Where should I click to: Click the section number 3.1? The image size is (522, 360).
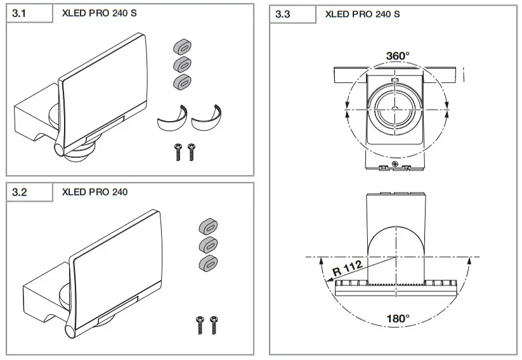click(20, 13)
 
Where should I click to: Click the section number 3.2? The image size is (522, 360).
click(20, 191)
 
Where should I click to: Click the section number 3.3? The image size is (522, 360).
click(283, 14)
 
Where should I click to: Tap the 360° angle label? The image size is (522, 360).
click(398, 56)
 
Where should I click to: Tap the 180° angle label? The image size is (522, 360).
click(398, 318)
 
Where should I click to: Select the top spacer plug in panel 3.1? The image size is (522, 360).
click(183, 47)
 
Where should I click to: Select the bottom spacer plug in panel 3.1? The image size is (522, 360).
click(183, 81)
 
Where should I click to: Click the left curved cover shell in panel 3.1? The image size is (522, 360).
click(170, 118)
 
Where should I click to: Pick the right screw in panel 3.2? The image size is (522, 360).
click(214, 324)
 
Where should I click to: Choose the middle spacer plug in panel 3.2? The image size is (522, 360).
click(207, 245)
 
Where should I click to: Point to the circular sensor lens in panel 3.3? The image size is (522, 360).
click(395, 105)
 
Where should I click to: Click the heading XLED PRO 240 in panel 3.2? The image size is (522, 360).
click(95, 191)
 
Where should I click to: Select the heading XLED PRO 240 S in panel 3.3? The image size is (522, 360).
click(362, 14)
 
